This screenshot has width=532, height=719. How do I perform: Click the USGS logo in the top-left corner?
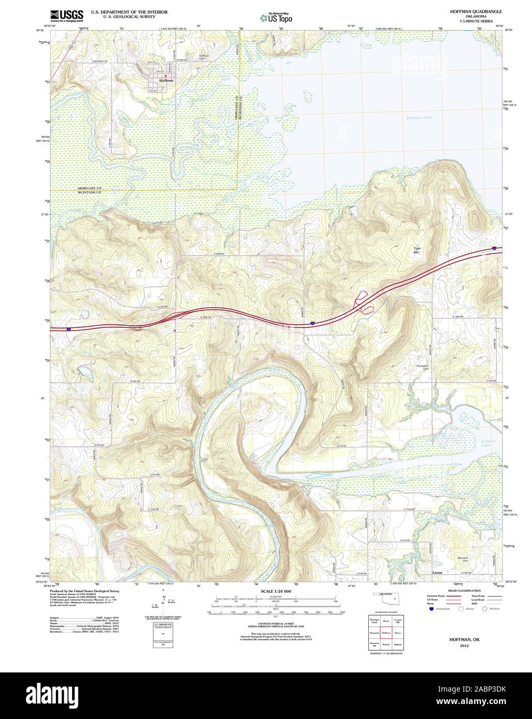click(67, 16)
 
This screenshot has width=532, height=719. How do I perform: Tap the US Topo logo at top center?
click(276, 18)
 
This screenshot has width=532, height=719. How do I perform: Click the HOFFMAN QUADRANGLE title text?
click(472, 11)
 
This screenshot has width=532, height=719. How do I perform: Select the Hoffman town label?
click(166, 81)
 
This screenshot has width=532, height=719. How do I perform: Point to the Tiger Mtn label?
click(417, 250)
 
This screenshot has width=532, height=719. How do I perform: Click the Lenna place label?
click(438, 573)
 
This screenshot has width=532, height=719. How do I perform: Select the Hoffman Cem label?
click(204, 57)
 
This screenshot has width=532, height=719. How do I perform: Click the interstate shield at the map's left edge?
click(68, 328)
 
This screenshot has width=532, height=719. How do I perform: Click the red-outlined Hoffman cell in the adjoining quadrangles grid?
click(386, 632)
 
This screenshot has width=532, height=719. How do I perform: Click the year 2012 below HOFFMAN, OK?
click(465, 646)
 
